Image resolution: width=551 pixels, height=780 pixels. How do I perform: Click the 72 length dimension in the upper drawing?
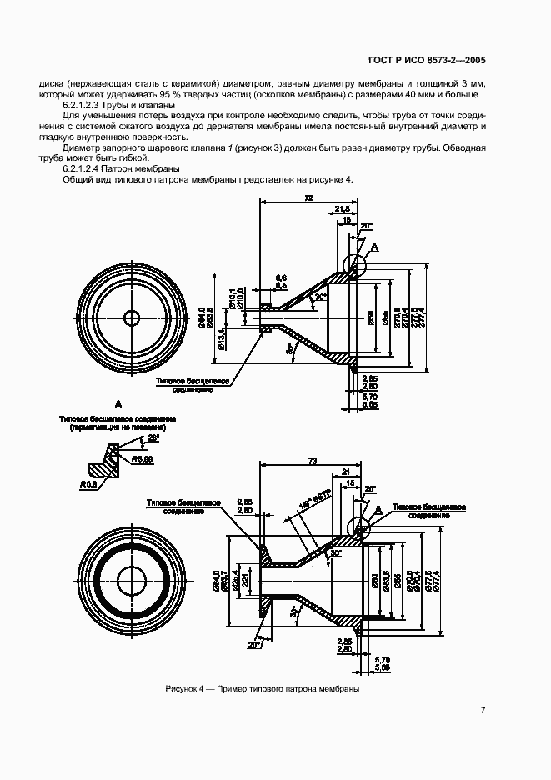click(308, 197)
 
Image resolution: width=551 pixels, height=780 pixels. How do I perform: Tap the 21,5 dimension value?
click(342, 208)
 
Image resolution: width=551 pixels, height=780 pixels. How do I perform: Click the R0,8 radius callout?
click(89, 483)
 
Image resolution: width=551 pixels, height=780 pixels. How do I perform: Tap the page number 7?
click(483, 710)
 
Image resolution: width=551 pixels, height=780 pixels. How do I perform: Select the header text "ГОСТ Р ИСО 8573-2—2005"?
click(426, 61)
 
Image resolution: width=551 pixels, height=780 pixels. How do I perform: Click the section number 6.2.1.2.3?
click(87, 106)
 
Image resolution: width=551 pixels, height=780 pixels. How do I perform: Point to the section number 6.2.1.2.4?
click(87, 168)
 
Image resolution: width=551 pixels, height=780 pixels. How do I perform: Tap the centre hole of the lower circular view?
click(133, 580)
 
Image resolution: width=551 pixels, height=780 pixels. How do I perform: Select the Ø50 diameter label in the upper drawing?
click(370, 317)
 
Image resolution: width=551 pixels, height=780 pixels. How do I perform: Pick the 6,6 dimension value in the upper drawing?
click(281, 277)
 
